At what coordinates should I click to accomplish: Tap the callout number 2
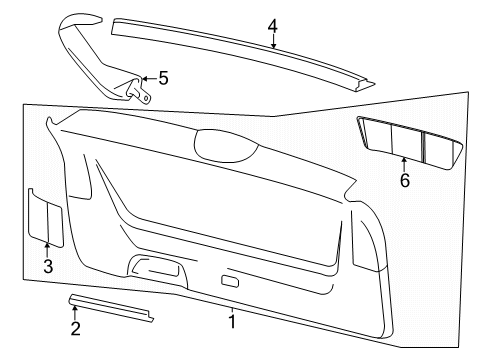coord(76,329)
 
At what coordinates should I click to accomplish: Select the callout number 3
coord(48,266)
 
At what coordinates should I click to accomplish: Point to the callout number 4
coord(273,26)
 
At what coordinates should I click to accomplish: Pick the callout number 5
coord(163,78)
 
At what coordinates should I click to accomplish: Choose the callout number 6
coord(405,180)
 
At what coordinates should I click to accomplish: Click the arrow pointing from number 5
coord(149,79)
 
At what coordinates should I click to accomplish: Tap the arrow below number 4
coord(273,41)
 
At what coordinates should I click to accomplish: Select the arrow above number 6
coord(404,165)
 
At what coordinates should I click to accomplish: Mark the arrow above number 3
coord(47,250)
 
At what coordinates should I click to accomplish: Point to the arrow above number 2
coord(75,313)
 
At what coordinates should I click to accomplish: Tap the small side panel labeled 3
coord(45,218)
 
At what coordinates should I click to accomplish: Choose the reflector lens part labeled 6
coord(410,143)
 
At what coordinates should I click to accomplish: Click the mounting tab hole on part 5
coord(146,98)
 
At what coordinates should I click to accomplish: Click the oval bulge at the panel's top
coord(226,146)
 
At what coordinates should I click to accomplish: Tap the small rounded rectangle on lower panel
coord(230,281)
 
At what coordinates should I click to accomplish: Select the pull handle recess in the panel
coord(157,267)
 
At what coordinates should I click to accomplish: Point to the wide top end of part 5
coord(80,21)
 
